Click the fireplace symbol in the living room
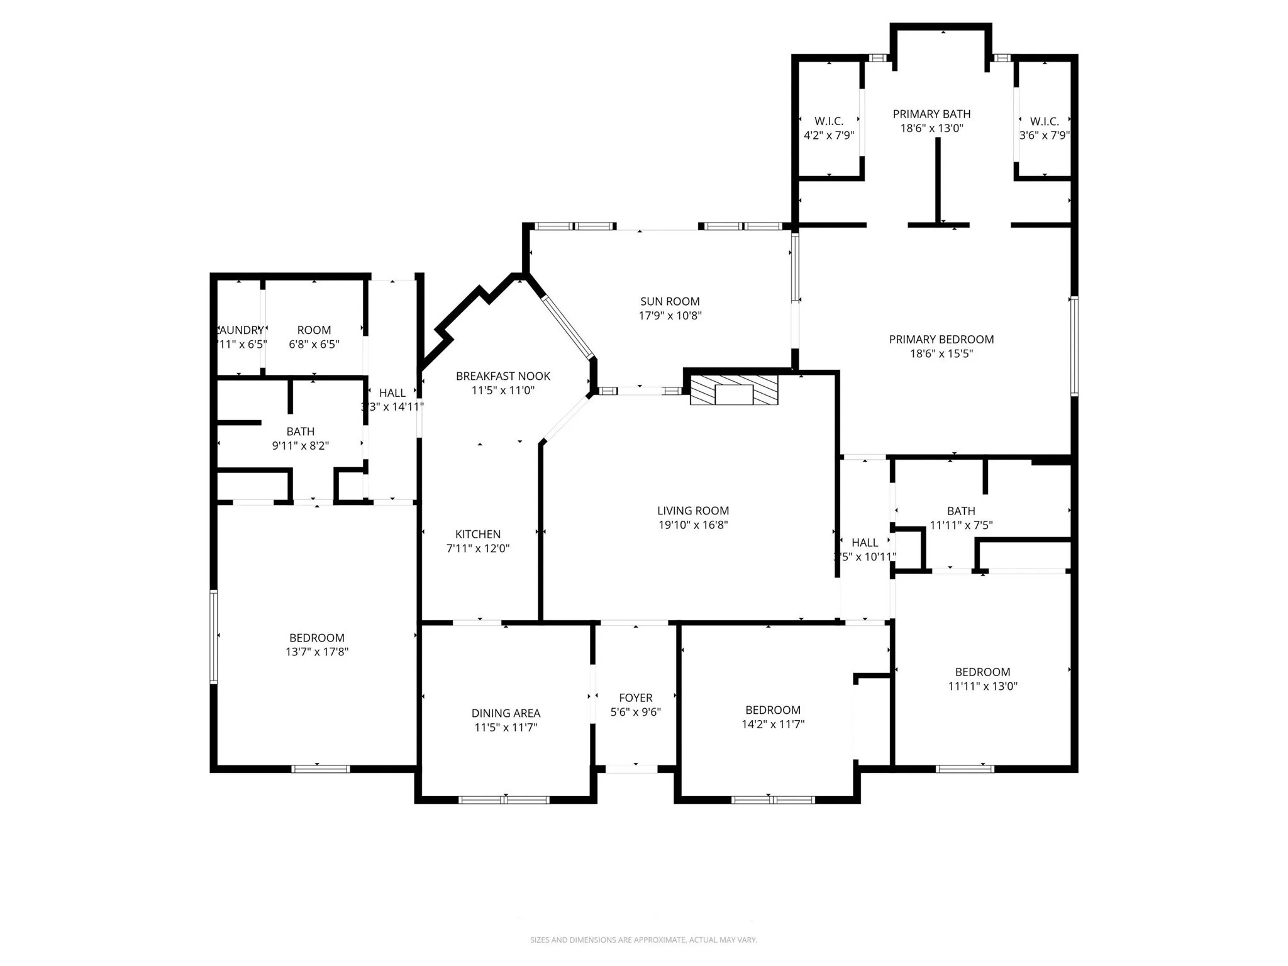click(734, 391)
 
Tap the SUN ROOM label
click(670, 301)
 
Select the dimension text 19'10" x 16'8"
click(693, 525)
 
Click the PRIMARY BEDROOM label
click(941, 340)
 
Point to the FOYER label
click(635, 697)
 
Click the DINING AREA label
click(506, 713)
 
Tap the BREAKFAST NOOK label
click(502, 376)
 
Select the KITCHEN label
click(478, 534)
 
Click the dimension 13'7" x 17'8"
click(316, 652)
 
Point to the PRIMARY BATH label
click(931, 114)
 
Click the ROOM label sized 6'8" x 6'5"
click(314, 330)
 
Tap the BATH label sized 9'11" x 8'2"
click(300, 431)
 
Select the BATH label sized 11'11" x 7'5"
click(961, 511)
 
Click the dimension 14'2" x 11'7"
click(773, 724)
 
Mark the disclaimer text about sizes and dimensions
click(643, 940)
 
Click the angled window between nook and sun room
click(568, 327)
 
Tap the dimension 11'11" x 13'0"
click(982, 686)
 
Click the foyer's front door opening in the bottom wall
click(631, 769)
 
